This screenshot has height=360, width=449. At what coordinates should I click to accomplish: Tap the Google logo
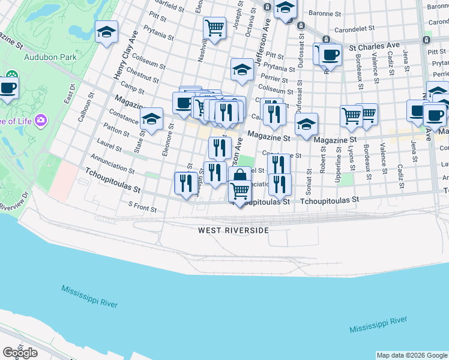[20, 353]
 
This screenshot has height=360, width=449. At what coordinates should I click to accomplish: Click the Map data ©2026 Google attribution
[412, 355]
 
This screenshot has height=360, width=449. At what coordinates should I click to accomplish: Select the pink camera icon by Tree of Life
[41, 119]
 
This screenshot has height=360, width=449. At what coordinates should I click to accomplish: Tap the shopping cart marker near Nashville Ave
[214, 27]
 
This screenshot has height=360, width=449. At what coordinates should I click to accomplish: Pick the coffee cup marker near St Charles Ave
[330, 55]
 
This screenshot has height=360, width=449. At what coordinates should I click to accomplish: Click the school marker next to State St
[152, 119]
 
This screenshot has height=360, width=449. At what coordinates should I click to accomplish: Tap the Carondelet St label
[354, 28]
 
